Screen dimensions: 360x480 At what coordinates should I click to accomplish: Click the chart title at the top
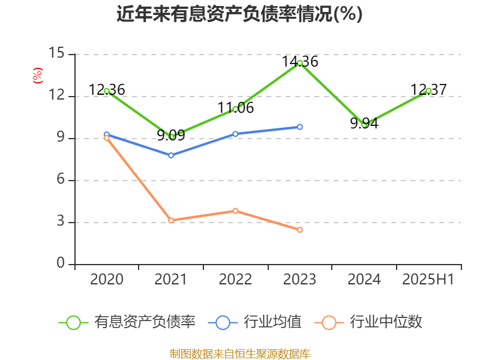(x=239, y=14)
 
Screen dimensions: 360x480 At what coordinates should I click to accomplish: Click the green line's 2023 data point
(x=299, y=63)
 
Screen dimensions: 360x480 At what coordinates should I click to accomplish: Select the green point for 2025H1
(x=428, y=91)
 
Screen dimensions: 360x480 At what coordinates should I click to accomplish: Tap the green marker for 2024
(x=364, y=124)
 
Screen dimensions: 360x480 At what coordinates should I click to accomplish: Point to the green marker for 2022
(x=235, y=109)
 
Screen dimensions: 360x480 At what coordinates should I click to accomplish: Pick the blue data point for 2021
(x=171, y=155)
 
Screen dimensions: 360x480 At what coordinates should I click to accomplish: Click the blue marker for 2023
(x=299, y=127)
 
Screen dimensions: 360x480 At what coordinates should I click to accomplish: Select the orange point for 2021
(x=171, y=220)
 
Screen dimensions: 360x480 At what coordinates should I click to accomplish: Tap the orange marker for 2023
(x=299, y=230)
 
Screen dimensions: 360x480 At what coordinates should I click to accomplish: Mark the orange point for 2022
(x=235, y=211)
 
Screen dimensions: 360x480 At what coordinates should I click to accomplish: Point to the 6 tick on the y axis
(x=60, y=180)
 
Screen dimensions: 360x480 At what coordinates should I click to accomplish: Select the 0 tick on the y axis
(x=60, y=263)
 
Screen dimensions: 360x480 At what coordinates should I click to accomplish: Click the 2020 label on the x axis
(x=107, y=280)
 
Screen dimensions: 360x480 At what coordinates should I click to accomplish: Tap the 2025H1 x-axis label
(x=428, y=280)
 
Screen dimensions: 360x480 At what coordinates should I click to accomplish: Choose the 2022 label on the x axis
(x=235, y=280)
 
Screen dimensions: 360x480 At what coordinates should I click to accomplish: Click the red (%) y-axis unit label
(x=38, y=76)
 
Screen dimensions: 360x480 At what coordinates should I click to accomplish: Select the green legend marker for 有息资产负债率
(x=73, y=322)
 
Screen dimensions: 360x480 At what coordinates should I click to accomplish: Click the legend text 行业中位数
(x=386, y=322)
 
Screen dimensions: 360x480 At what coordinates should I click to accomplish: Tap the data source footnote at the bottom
(x=239, y=353)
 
